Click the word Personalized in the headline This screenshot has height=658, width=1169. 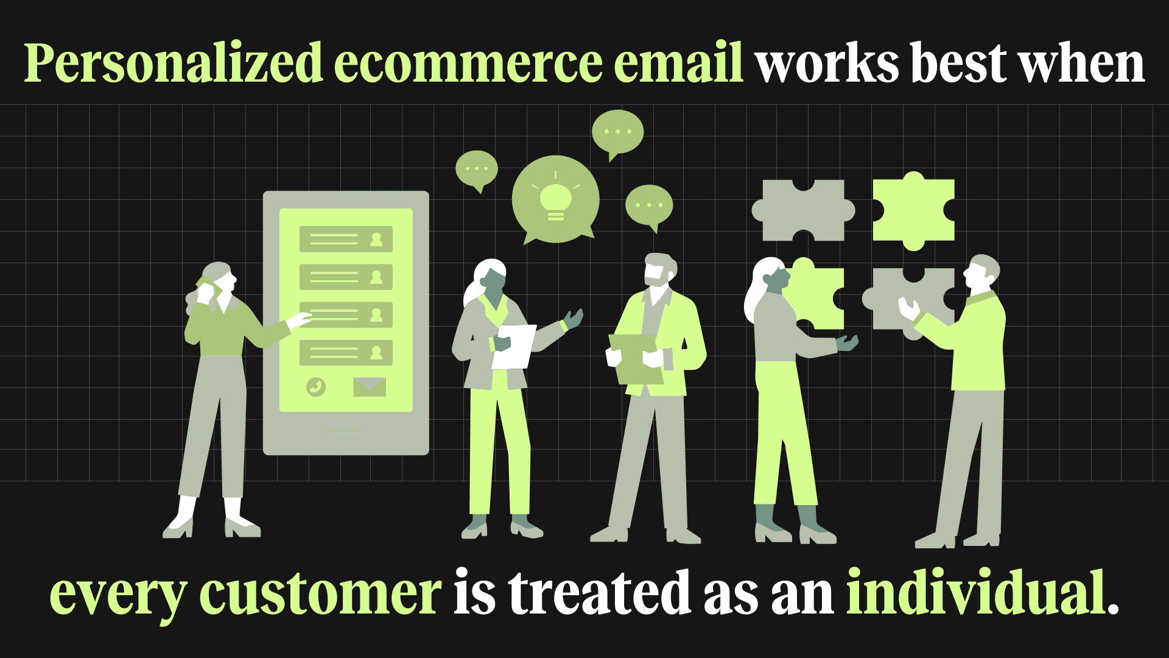[x=173, y=64]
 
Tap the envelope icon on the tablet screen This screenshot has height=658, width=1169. [x=369, y=387]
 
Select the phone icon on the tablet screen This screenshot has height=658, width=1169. [x=316, y=387]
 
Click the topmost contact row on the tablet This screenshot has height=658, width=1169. [x=345, y=239]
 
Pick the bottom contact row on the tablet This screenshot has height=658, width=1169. [x=345, y=353]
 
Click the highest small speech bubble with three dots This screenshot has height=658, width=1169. [x=617, y=132]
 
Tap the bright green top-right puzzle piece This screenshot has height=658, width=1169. [x=913, y=211]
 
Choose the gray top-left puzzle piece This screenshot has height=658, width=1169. [x=803, y=210]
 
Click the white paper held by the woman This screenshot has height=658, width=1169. [x=514, y=346]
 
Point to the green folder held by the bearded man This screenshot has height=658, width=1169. [x=635, y=359]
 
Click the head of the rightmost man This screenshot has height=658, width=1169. [x=981, y=272]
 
